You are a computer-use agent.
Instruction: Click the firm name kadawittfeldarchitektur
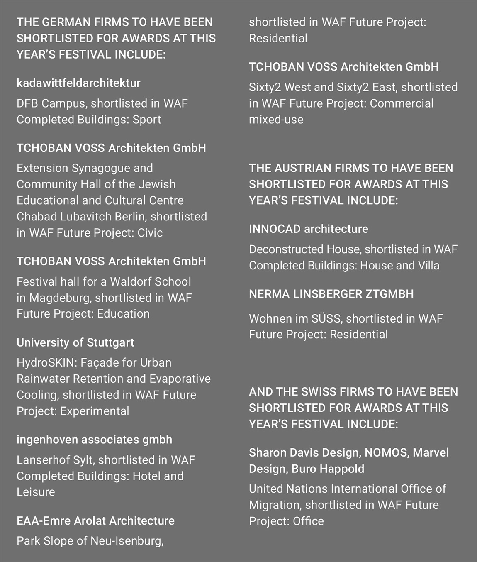pos(78,83)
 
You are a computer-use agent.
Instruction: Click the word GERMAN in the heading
pos(70,22)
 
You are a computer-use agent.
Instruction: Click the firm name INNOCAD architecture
pos(308,229)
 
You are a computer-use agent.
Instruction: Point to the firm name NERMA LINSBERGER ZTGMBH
pos(331,294)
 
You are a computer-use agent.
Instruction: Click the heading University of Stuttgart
pos(75,342)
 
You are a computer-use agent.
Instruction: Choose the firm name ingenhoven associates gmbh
pos(94,440)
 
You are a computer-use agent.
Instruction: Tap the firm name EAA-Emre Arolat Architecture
pos(95,521)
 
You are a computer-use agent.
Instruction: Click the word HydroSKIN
pos(46,363)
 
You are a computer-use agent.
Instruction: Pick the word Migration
pos(274,505)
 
